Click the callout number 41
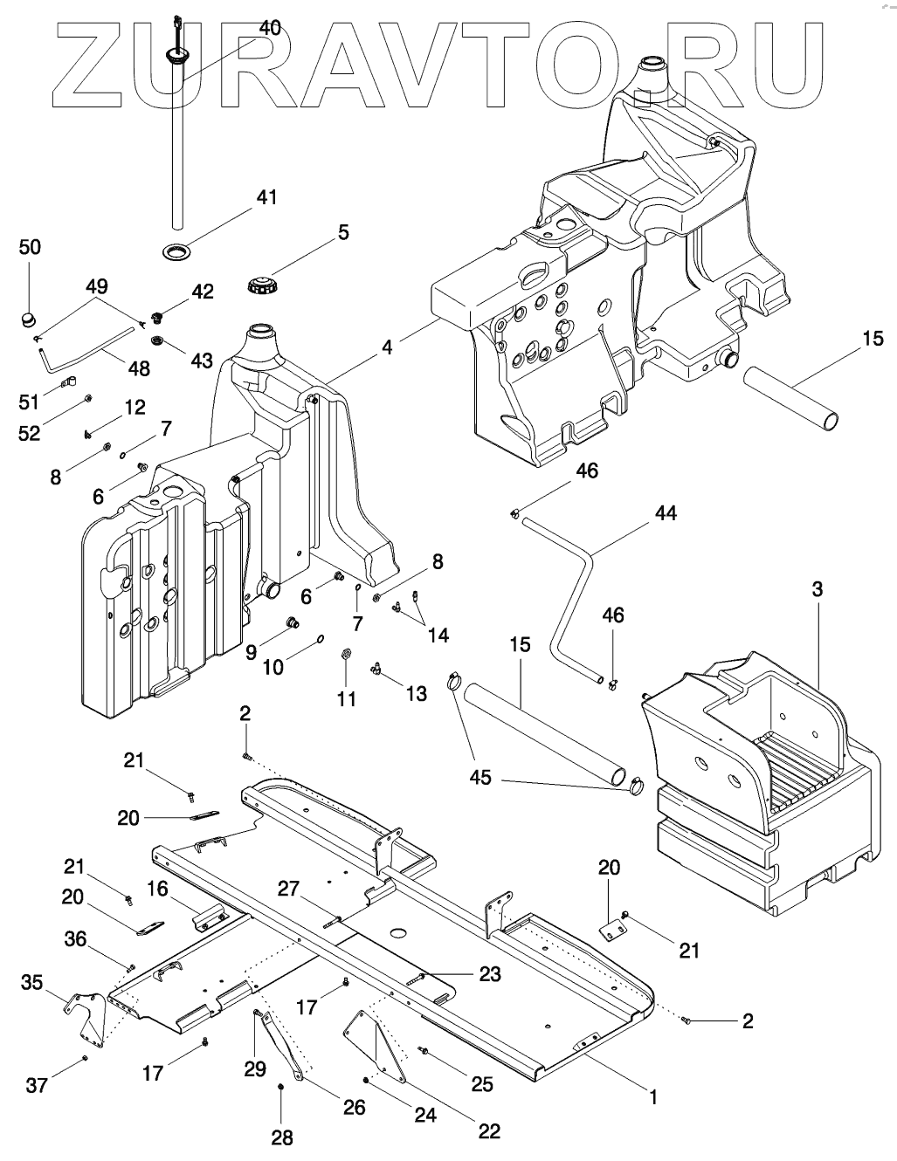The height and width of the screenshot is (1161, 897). tap(266, 197)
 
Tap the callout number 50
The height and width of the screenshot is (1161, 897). tap(30, 247)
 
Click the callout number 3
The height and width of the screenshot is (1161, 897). tap(818, 589)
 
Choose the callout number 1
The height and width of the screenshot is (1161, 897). tap(652, 1095)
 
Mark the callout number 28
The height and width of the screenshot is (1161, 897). tap(281, 1137)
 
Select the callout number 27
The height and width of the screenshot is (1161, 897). tap(289, 890)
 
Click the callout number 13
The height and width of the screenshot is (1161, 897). tap(416, 693)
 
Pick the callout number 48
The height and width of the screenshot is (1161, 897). tap(138, 368)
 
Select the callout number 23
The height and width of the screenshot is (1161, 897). tap(490, 973)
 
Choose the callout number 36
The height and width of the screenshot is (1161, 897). tap(75, 938)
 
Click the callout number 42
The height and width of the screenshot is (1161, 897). tap(202, 292)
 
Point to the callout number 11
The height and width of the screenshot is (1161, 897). tap(347, 698)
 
